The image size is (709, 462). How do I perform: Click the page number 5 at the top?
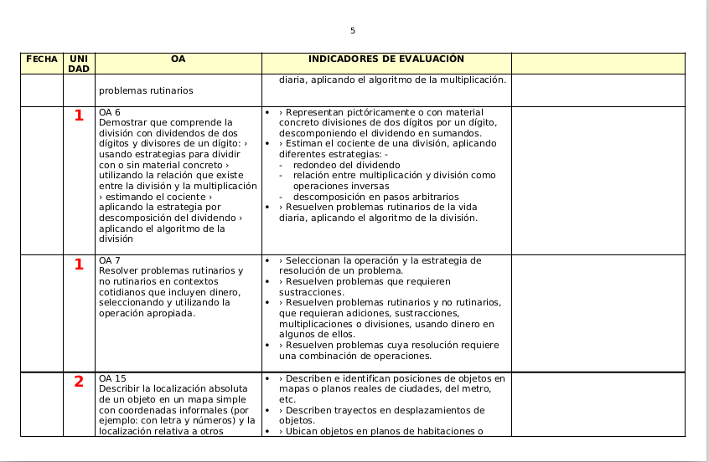(x=353, y=31)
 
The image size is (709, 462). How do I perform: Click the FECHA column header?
(x=42, y=59)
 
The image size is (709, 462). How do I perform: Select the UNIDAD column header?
(x=79, y=64)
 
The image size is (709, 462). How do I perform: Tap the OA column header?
(x=178, y=59)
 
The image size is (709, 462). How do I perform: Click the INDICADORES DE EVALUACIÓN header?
(x=386, y=59)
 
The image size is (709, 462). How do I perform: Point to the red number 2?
(x=79, y=382)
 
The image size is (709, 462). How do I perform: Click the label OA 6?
(x=110, y=112)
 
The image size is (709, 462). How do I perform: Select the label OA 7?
(x=110, y=260)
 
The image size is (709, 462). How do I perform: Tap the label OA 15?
(x=112, y=378)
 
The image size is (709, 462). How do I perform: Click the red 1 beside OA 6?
(x=79, y=116)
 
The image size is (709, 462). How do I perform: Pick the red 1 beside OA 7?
(x=79, y=264)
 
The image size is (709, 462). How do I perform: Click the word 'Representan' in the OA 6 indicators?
(x=314, y=112)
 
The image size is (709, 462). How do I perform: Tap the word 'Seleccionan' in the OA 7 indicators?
(x=314, y=260)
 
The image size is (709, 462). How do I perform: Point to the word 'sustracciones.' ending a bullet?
(x=309, y=292)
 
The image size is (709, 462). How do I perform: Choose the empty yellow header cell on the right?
(x=598, y=64)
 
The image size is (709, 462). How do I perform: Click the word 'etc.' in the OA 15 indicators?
(x=287, y=399)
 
